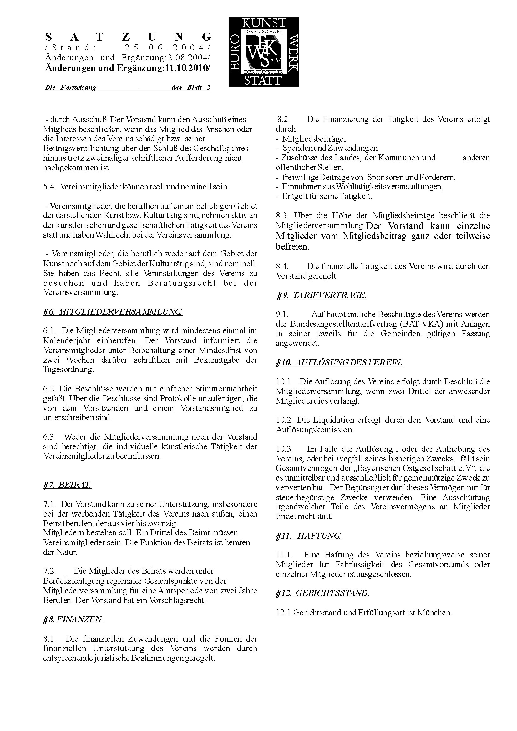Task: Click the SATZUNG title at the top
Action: point(128,37)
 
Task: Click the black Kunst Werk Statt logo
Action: point(263,52)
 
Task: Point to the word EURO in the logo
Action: point(235,52)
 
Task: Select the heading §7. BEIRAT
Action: point(67,485)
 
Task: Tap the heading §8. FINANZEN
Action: point(73,619)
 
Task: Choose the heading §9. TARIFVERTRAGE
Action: point(322,295)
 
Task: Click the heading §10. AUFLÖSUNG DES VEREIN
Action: point(339,362)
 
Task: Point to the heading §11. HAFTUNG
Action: point(308,536)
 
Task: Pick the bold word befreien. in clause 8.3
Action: point(292,247)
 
